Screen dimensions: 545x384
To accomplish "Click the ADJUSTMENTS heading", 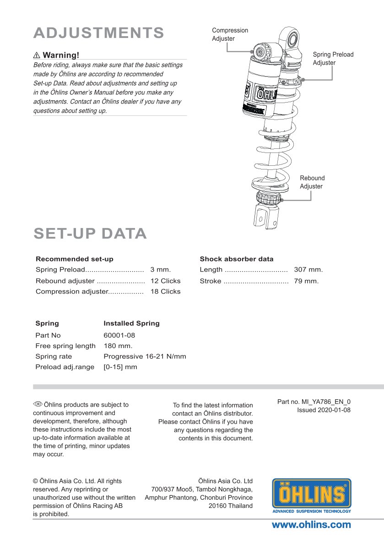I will click(99, 33).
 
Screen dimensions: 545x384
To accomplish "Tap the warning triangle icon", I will click(37, 55).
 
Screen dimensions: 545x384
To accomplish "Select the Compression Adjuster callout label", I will click(230, 34).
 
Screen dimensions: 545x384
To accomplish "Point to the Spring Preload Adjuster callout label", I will click(333, 59).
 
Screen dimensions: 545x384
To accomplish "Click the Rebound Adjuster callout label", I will click(312, 182).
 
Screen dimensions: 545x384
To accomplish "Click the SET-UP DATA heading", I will click(90, 234).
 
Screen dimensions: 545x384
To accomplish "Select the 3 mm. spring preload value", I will click(160, 270).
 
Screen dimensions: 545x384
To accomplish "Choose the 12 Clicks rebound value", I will click(165, 281).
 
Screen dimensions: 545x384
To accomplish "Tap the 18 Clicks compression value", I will click(165, 291).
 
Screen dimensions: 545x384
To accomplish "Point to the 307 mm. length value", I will click(308, 270).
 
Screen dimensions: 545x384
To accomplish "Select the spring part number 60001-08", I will click(119, 335).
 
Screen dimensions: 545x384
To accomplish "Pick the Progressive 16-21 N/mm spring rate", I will click(145, 356).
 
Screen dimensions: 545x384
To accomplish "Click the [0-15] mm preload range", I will click(120, 367).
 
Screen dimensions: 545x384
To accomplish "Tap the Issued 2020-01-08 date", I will click(324, 410).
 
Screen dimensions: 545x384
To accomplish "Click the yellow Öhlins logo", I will click(312, 495).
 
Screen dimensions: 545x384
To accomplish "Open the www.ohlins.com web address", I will click(311, 525).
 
